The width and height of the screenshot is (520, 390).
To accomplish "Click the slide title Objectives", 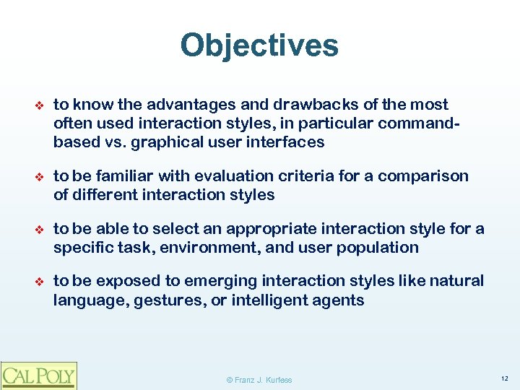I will pyautogui.click(x=259, y=45).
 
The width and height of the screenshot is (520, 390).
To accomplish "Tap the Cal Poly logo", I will pyautogui.click(x=38, y=375).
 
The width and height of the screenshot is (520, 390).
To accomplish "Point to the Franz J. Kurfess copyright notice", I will pyautogui.click(x=259, y=380).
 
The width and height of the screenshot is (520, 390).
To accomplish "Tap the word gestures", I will pyautogui.click(x=168, y=300).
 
